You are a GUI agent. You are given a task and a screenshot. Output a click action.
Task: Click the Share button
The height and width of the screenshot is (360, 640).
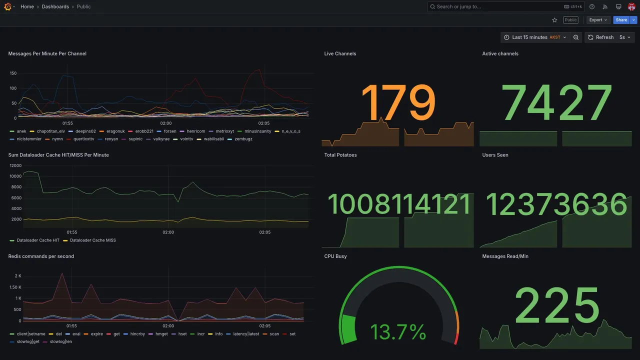(x=621, y=20)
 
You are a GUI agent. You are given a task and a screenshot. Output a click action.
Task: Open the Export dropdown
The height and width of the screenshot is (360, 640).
(x=598, y=20)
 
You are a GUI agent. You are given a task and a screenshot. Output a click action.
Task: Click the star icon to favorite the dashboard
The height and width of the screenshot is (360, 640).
(x=554, y=20)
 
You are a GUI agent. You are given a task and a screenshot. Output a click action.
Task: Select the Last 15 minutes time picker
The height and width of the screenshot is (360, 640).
(x=534, y=37)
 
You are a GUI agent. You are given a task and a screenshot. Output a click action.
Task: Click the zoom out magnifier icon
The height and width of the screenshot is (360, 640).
(x=576, y=37)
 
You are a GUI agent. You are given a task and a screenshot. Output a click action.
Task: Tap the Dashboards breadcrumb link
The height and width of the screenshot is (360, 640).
(x=55, y=6)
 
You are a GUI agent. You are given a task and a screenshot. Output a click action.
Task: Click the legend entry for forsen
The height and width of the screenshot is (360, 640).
(x=170, y=131)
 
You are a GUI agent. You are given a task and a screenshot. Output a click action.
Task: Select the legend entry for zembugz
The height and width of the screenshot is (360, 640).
(x=243, y=139)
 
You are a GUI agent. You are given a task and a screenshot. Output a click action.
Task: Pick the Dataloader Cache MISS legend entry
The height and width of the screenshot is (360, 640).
(x=92, y=240)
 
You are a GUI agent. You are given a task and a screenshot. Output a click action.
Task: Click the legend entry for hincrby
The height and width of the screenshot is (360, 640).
(x=137, y=334)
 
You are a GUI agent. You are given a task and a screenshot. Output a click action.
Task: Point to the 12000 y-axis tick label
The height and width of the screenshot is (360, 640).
(x=15, y=165)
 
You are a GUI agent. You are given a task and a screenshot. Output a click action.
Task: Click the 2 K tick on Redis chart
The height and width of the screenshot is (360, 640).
(x=18, y=276)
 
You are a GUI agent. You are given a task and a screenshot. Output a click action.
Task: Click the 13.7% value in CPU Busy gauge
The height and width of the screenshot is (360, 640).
(x=398, y=332)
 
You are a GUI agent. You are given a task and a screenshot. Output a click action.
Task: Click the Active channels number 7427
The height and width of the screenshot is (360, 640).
(x=556, y=103)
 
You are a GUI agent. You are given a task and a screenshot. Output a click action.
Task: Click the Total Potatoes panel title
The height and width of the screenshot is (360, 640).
(x=340, y=155)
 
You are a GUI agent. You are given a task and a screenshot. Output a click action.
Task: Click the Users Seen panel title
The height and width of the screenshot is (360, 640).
(x=495, y=155)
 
